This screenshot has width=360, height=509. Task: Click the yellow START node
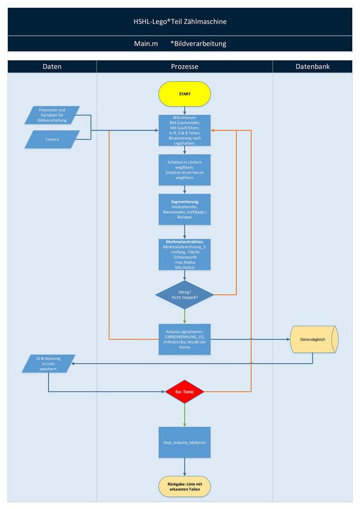[x=184, y=94]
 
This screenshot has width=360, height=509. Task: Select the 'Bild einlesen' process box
[x=184, y=130]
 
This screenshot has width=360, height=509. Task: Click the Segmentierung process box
[x=184, y=208]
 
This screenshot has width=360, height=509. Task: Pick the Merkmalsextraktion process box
[x=184, y=254]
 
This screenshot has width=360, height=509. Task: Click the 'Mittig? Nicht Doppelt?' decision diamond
[x=184, y=295]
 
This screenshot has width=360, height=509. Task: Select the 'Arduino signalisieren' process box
[x=184, y=339]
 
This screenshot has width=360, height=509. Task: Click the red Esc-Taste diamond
[x=184, y=392]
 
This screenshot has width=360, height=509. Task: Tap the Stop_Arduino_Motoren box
[x=184, y=442]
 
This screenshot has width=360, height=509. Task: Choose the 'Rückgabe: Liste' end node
[x=184, y=487]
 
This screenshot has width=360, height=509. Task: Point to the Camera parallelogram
[x=52, y=139]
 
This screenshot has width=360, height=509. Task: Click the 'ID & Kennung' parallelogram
[x=50, y=363]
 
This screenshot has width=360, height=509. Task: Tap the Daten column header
[x=52, y=67]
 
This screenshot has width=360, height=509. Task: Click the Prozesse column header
[x=184, y=67]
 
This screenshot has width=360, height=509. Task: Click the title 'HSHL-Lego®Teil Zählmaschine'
[x=180, y=22]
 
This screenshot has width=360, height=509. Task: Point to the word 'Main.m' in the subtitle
[x=146, y=44]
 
